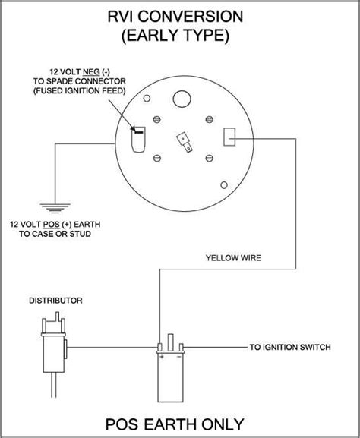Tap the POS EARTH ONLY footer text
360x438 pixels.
pos(179,422)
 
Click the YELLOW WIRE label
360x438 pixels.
pos(233,258)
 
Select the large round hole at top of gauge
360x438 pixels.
pos(180,99)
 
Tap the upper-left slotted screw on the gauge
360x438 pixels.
pos(156,119)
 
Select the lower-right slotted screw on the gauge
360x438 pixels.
pos(207,158)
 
